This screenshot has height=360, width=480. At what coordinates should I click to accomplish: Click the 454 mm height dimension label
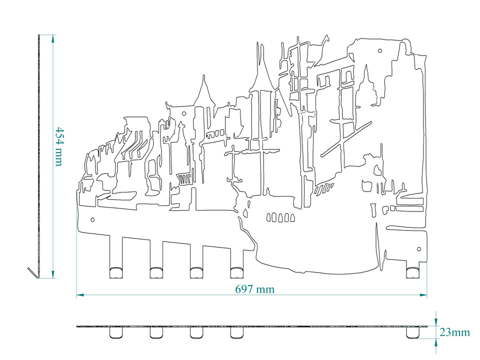pyautogui.click(x=58, y=146)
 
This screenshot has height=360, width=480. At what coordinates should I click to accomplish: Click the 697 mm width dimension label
pyautogui.click(x=254, y=289)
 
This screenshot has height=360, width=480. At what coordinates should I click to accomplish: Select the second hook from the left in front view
pyautogui.click(x=156, y=271)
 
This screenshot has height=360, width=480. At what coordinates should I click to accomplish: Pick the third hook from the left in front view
pyautogui.click(x=196, y=271)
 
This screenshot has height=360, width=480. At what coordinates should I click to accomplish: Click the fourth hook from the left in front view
pyautogui.click(x=236, y=271)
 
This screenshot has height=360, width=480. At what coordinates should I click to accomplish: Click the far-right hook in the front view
pyautogui.click(x=413, y=271)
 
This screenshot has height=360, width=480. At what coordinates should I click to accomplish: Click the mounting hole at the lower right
pyautogui.click(x=419, y=248)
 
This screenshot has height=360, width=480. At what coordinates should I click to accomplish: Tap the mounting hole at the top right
pyautogui.click(x=379, y=50)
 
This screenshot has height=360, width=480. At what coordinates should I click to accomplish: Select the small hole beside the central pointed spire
pyautogui.click(x=184, y=114)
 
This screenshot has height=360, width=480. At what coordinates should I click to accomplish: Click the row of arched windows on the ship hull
pyautogui.click(x=280, y=217)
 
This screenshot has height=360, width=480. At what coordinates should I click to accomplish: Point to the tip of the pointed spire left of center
pyautogui.click(x=203, y=76)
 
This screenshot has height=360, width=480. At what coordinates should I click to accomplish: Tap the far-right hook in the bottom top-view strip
pyautogui.click(x=413, y=332)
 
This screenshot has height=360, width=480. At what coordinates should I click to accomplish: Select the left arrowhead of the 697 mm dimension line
pyautogui.click(x=78, y=295)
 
